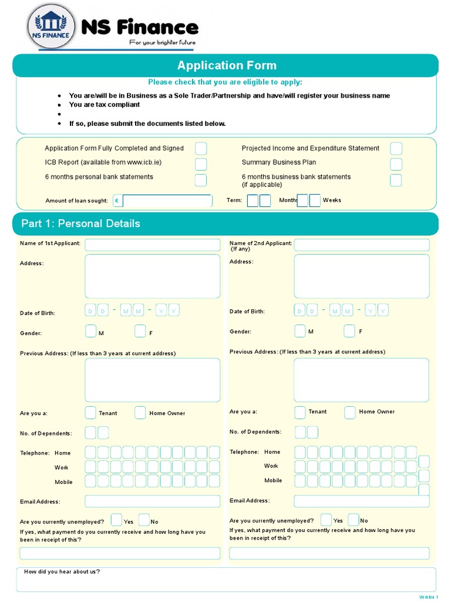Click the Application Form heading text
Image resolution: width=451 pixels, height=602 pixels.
(227, 65)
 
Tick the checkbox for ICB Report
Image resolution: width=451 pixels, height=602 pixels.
(201, 163)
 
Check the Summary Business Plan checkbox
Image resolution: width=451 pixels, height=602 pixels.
(396, 163)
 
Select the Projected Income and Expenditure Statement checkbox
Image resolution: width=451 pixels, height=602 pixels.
(396, 149)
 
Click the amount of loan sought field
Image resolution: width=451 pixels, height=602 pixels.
(167, 201)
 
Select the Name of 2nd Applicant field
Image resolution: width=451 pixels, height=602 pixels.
(362, 245)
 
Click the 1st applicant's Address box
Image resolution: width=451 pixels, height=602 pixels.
(153, 276)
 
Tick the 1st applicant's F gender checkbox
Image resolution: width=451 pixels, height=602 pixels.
(140, 332)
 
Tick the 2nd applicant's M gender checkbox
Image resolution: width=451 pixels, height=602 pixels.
(300, 331)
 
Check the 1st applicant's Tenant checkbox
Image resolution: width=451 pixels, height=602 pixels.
(90, 413)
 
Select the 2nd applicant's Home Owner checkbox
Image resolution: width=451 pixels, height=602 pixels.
(350, 412)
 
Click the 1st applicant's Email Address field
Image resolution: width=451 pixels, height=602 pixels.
(153, 501)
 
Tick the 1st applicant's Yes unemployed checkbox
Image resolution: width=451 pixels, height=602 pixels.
(116, 520)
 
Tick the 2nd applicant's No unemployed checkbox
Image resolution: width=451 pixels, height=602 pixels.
(354, 520)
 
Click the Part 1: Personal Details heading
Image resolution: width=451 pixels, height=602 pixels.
(81, 223)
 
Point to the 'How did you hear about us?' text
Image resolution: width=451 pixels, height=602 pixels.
(62, 572)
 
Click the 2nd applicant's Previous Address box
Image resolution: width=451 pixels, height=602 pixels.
(362, 380)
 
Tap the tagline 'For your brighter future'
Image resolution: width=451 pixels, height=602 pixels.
(162, 42)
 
